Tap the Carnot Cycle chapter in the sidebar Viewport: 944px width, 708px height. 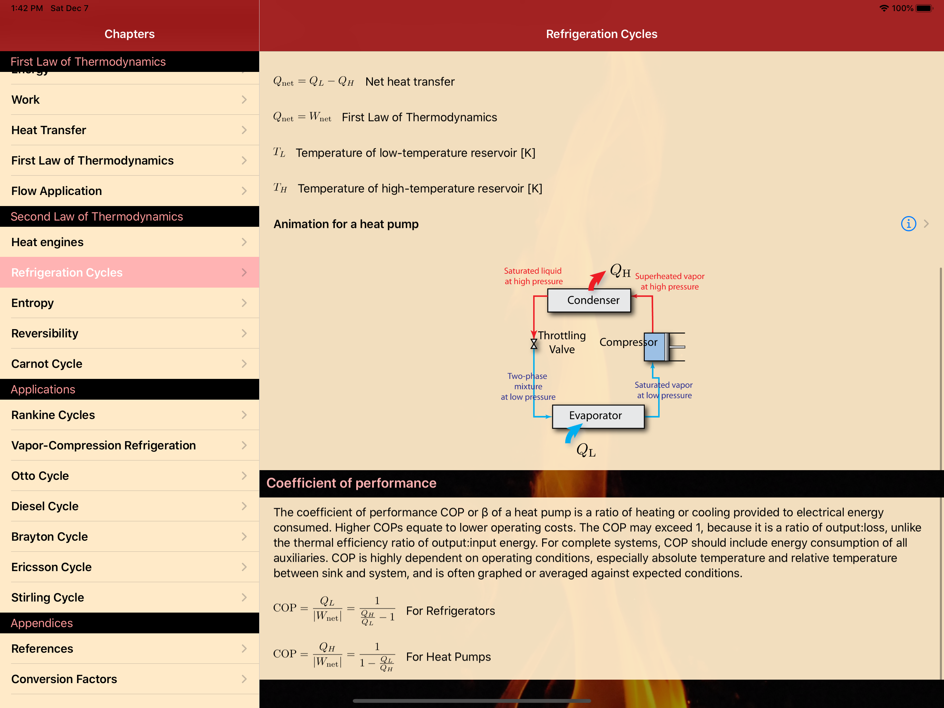pyautogui.click(x=129, y=363)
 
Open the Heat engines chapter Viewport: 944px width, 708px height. pyautogui.click(x=129, y=242)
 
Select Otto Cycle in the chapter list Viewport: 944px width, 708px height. pyautogui.click(x=129, y=475)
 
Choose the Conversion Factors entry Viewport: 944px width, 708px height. pyautogui.click(x=129, y=679)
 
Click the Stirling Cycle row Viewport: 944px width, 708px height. pyautogui.click(x=129, y=597)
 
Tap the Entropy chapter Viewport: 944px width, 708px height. pyautogui.click(x=129, y=303)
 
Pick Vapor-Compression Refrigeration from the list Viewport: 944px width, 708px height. pyautogui.click(x=129, y=445)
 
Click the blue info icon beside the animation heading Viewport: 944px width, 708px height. pyautogui.click(x=908, y=223)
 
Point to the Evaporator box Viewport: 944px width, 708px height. pyautogui.click(x=598, y=416)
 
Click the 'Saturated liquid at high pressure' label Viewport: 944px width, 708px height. pyautogui.click(x=534, y=276)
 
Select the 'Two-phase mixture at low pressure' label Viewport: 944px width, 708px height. pyautogui.click(x=528, y=386)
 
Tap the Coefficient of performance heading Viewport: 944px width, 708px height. pyautogui.click(x=351, y=483)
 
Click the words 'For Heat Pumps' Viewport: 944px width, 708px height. pyautogui.click(x=448, y=656)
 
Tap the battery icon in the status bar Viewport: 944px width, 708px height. pyautogui.click(x=924, y=8)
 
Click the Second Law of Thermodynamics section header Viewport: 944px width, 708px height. pyautogui.click(x=97, y=216)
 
